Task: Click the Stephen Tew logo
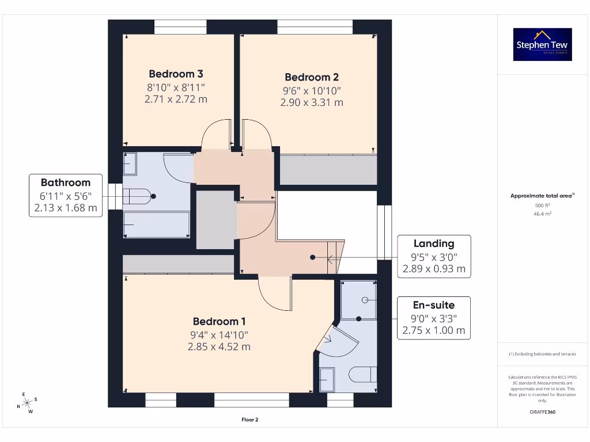[x=542, y=44]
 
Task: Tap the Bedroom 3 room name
[x=176, y=74]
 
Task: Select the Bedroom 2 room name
[x=312, y=77]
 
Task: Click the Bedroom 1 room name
[x=220, y=321]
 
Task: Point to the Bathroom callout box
[x=65, y=195]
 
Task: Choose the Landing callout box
[x=433, y=256]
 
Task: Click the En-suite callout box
[x=433, y=318]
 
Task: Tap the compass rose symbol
[x=27, y=403]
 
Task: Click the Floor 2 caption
[x=249, y=420]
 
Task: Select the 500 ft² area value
[x=542, y=205]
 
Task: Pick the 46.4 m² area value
[x=542, y=214]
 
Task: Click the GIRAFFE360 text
[x=542, y=412]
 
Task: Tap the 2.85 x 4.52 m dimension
[x=220, y=346]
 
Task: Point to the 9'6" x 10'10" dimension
[x=312, y=90]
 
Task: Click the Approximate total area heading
[x=542, y=196]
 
